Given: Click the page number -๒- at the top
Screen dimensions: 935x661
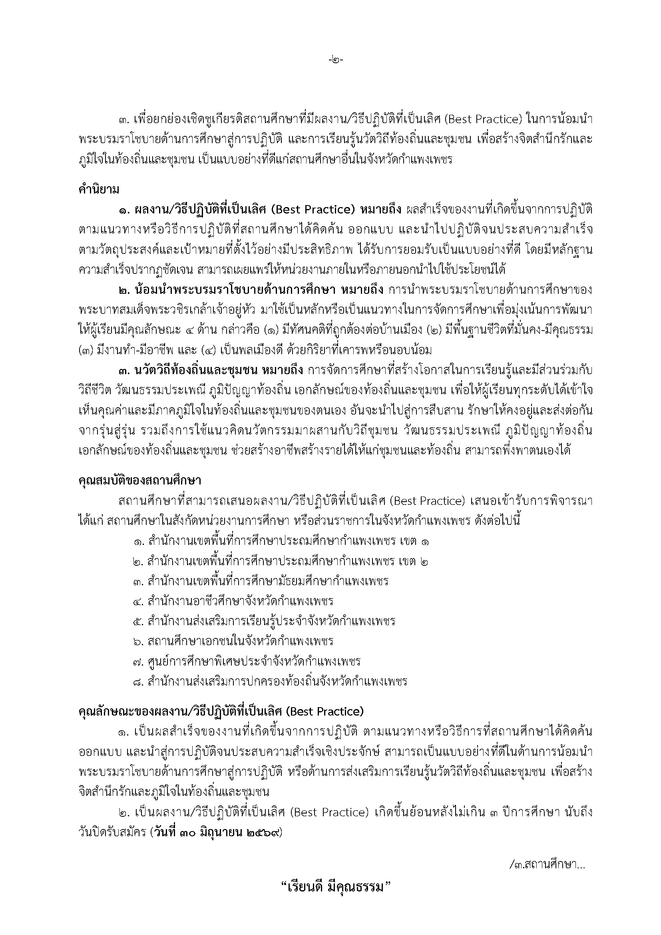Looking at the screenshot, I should coord(336,60).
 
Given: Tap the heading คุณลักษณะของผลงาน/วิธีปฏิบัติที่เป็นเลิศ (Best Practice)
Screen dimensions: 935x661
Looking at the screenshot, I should coord(221,712).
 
